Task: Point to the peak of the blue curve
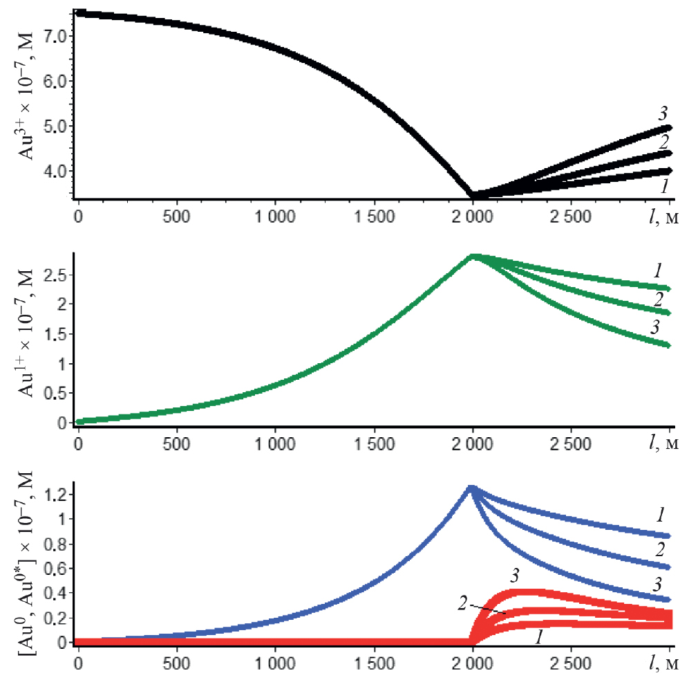[471, 487]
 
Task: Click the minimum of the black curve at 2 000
[473, 196]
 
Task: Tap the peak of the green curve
[472, 255]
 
